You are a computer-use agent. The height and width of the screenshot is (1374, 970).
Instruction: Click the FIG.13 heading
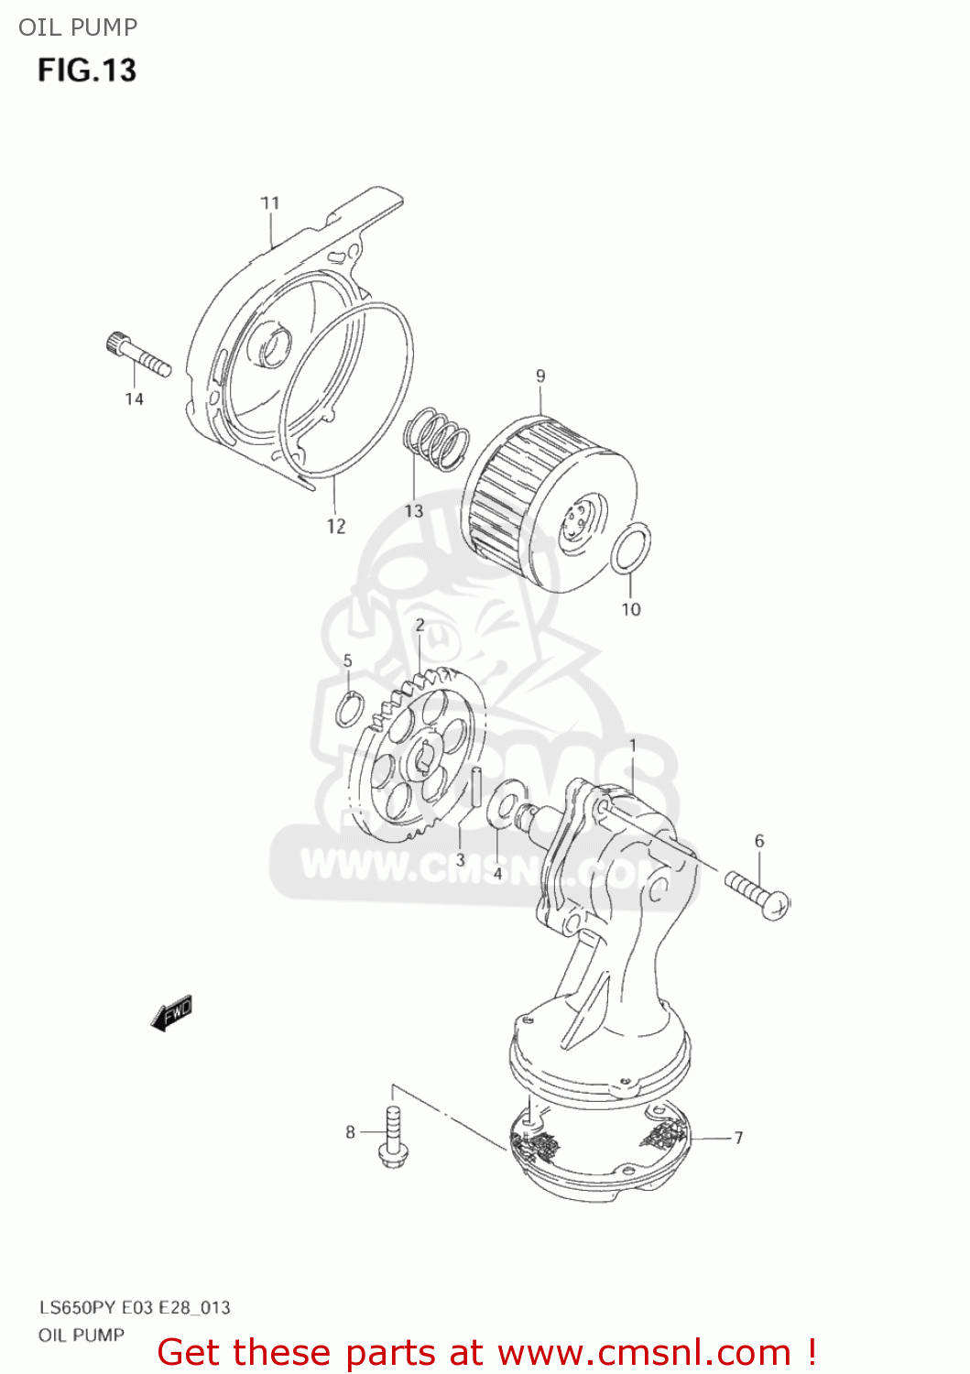87,71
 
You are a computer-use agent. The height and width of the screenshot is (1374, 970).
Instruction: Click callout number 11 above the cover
269,203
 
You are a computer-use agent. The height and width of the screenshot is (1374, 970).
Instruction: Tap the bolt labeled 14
138,356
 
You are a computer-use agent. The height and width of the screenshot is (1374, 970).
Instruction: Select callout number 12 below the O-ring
336,527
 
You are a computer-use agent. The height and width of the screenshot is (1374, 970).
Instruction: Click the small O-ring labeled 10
632,548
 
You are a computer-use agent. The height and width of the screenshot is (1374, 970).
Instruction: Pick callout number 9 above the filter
540,376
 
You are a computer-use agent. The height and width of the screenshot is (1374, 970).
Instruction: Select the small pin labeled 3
476,788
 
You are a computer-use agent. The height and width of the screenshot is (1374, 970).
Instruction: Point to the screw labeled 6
758,894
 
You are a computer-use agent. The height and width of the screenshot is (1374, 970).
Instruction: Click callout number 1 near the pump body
632,747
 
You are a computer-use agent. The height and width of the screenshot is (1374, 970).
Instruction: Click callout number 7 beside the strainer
738,1138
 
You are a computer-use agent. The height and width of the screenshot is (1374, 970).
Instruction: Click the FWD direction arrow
172,1013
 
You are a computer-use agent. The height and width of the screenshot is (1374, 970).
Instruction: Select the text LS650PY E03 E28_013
135,1307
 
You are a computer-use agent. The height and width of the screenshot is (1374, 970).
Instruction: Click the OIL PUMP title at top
78,27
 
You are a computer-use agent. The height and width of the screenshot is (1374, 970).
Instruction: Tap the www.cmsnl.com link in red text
644,1352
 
